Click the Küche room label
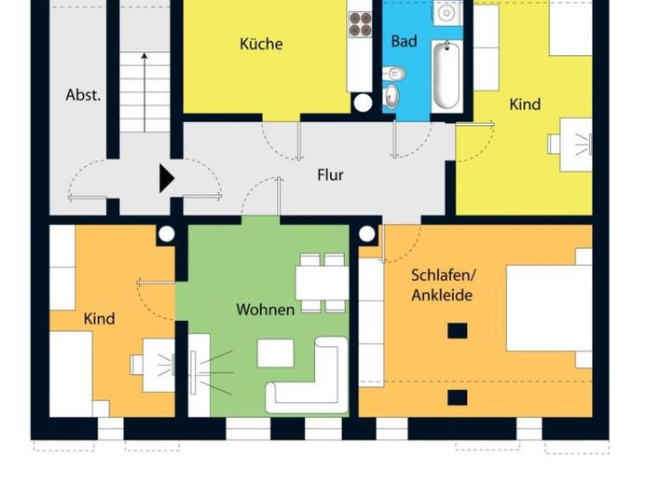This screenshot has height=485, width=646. pos(261,44)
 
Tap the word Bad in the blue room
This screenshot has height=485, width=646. pos(404,41)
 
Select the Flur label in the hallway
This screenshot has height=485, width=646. pos(330,175)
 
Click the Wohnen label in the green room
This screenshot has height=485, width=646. pos(266,310)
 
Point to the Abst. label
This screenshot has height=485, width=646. pos(83,95)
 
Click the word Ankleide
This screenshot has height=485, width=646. pos(442,295)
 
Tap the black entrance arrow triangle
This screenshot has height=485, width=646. pos(167,179)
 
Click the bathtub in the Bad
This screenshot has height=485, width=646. pos(447,76)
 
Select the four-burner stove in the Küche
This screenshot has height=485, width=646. pos(361,24)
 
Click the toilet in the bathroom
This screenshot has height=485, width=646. pos(394,74)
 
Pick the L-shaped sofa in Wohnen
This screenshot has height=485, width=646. pos(308,375)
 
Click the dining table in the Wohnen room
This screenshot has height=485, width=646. pos(322,284)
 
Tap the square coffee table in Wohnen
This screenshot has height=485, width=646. pos(276,353)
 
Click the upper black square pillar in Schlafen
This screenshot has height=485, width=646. pos(458,330)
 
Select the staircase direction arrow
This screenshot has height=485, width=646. pos(144,92)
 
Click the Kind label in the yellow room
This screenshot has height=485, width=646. pos(525,104)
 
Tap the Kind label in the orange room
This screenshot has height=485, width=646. pos(100,319)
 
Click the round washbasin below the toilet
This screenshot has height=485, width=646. pos(391,96)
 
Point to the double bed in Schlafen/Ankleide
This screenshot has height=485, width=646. pos(549,308)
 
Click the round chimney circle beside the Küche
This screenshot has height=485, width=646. pos(363,103)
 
